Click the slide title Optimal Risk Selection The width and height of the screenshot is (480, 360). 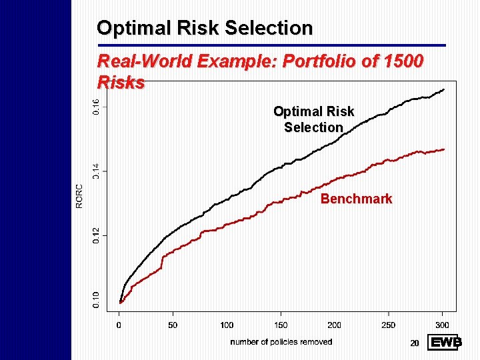click(205, 28)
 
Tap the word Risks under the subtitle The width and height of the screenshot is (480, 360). click(121, 83)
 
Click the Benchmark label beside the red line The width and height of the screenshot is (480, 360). click(356, 199)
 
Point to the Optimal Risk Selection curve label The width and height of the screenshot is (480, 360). click(313, 119)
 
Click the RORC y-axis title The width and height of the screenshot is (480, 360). click(79, 196)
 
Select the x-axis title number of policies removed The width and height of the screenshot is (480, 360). click(281, 342)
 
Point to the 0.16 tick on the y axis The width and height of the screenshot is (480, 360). click(96, 105)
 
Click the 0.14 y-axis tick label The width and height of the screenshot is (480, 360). click(96, 171)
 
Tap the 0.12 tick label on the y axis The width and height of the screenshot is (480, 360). click(96, 235)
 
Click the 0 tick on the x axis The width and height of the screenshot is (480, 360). click(119, 325)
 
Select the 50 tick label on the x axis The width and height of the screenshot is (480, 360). click(173, 325)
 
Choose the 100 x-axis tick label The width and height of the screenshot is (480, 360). click(227, 325)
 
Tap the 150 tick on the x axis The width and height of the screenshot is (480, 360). click(281, 325)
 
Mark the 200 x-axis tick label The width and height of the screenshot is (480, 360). click(334, 325)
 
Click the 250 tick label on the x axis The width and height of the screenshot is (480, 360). click(388, 325)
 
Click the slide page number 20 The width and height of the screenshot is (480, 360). click(414, 343)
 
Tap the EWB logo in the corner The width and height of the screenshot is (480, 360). click(445, 343)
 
